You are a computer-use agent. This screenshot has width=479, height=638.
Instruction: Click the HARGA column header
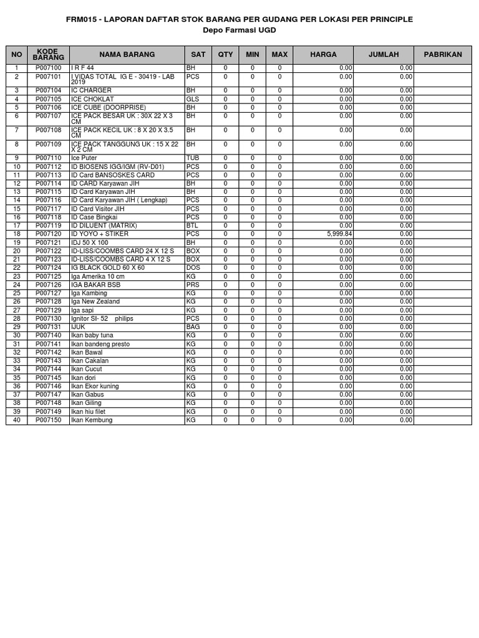(323, 55)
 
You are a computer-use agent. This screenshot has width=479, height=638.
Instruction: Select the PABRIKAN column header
(443, 55)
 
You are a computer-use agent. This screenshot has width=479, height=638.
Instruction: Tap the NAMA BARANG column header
(127, 55)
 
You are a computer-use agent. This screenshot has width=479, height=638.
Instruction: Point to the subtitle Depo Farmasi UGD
(239, 31)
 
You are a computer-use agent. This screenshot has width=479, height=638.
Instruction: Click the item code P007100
(48, 68)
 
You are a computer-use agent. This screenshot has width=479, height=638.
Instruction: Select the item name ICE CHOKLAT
(93, 99)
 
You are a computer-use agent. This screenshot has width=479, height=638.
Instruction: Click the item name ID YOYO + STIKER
(100, 234)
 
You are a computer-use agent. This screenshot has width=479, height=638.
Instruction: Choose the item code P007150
(48, 421)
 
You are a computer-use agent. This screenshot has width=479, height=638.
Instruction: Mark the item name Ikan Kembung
(92, 421)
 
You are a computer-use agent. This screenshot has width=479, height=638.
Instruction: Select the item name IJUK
(79, 327)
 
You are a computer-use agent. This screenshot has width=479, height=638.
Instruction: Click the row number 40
(17, 421)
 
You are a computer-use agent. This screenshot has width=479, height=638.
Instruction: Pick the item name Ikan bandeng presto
(100, 344)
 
